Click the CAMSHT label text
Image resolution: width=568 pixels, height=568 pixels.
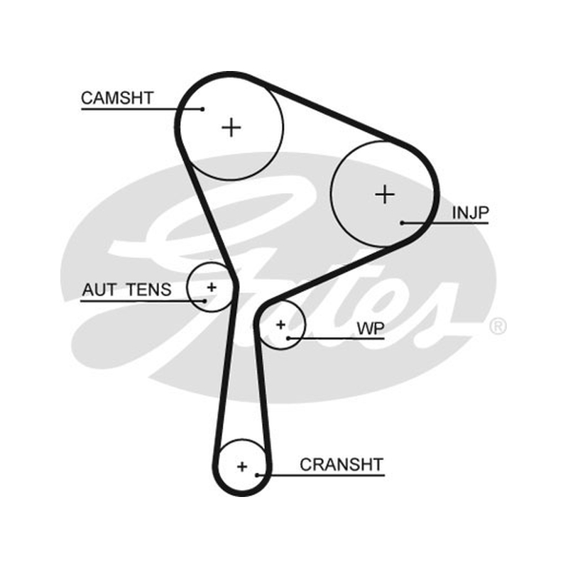[x=117, y=98]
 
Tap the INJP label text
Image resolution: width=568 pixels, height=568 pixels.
[x=471, y=212]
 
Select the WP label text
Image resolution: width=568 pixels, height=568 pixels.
[x=371, y=329]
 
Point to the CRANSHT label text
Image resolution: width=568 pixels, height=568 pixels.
[x=342, y=465]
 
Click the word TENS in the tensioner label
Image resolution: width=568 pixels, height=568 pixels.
[x=149, y=290]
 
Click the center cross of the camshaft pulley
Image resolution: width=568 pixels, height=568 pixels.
[x=231, y=128]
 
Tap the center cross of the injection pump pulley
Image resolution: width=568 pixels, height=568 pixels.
[x=385, y=195]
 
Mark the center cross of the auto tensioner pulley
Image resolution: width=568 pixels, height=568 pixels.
[x=212, y=288]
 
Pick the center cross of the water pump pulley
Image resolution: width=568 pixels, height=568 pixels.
[x=280, y=324]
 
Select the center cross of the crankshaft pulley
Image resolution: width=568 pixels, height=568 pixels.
[x=242, y=466]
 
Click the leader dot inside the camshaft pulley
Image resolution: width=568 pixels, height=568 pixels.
[x=203, y=109]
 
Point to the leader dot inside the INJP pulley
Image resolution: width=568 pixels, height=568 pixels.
[x=402, y=223]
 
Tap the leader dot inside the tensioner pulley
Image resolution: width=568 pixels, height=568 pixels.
[x=205, y=300]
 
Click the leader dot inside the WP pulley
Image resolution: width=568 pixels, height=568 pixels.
[x=288, y=339]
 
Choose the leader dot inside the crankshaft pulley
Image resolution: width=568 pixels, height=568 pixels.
[x=257, y=475]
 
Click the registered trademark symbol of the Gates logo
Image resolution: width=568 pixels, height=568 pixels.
[x=498, y=326]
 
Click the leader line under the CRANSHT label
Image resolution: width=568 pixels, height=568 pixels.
[x=321, y=475]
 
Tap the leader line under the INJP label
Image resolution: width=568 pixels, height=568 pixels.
[x=446, y=223]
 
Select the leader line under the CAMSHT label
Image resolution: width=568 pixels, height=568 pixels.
[x=142, y=109]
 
